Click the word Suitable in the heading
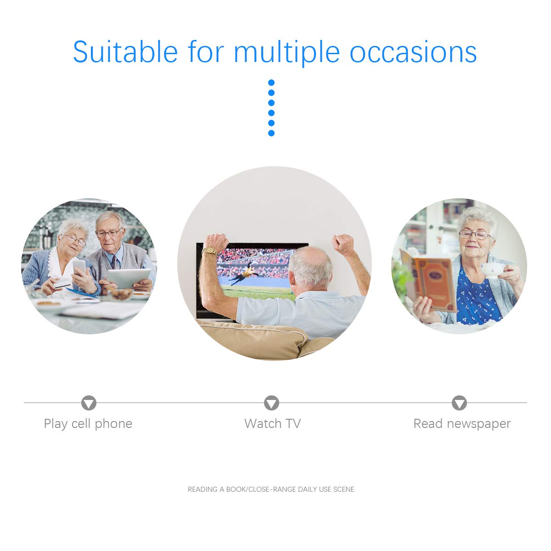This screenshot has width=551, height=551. pos(125,52)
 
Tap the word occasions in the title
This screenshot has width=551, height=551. pos(413,52)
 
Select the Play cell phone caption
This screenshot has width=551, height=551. pos(88,424)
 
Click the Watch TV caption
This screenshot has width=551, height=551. pos(272,423)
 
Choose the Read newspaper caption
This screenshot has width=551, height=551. pos(462,424)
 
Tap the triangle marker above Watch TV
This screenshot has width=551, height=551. pos(271,403)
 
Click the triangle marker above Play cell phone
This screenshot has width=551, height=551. pos(89,403)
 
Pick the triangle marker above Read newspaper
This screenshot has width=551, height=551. pos(459,403)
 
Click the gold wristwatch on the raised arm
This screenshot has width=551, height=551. pos(210,251)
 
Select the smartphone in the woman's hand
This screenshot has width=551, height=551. pos(79,267)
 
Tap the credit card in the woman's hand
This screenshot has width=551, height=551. pos(62,283)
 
